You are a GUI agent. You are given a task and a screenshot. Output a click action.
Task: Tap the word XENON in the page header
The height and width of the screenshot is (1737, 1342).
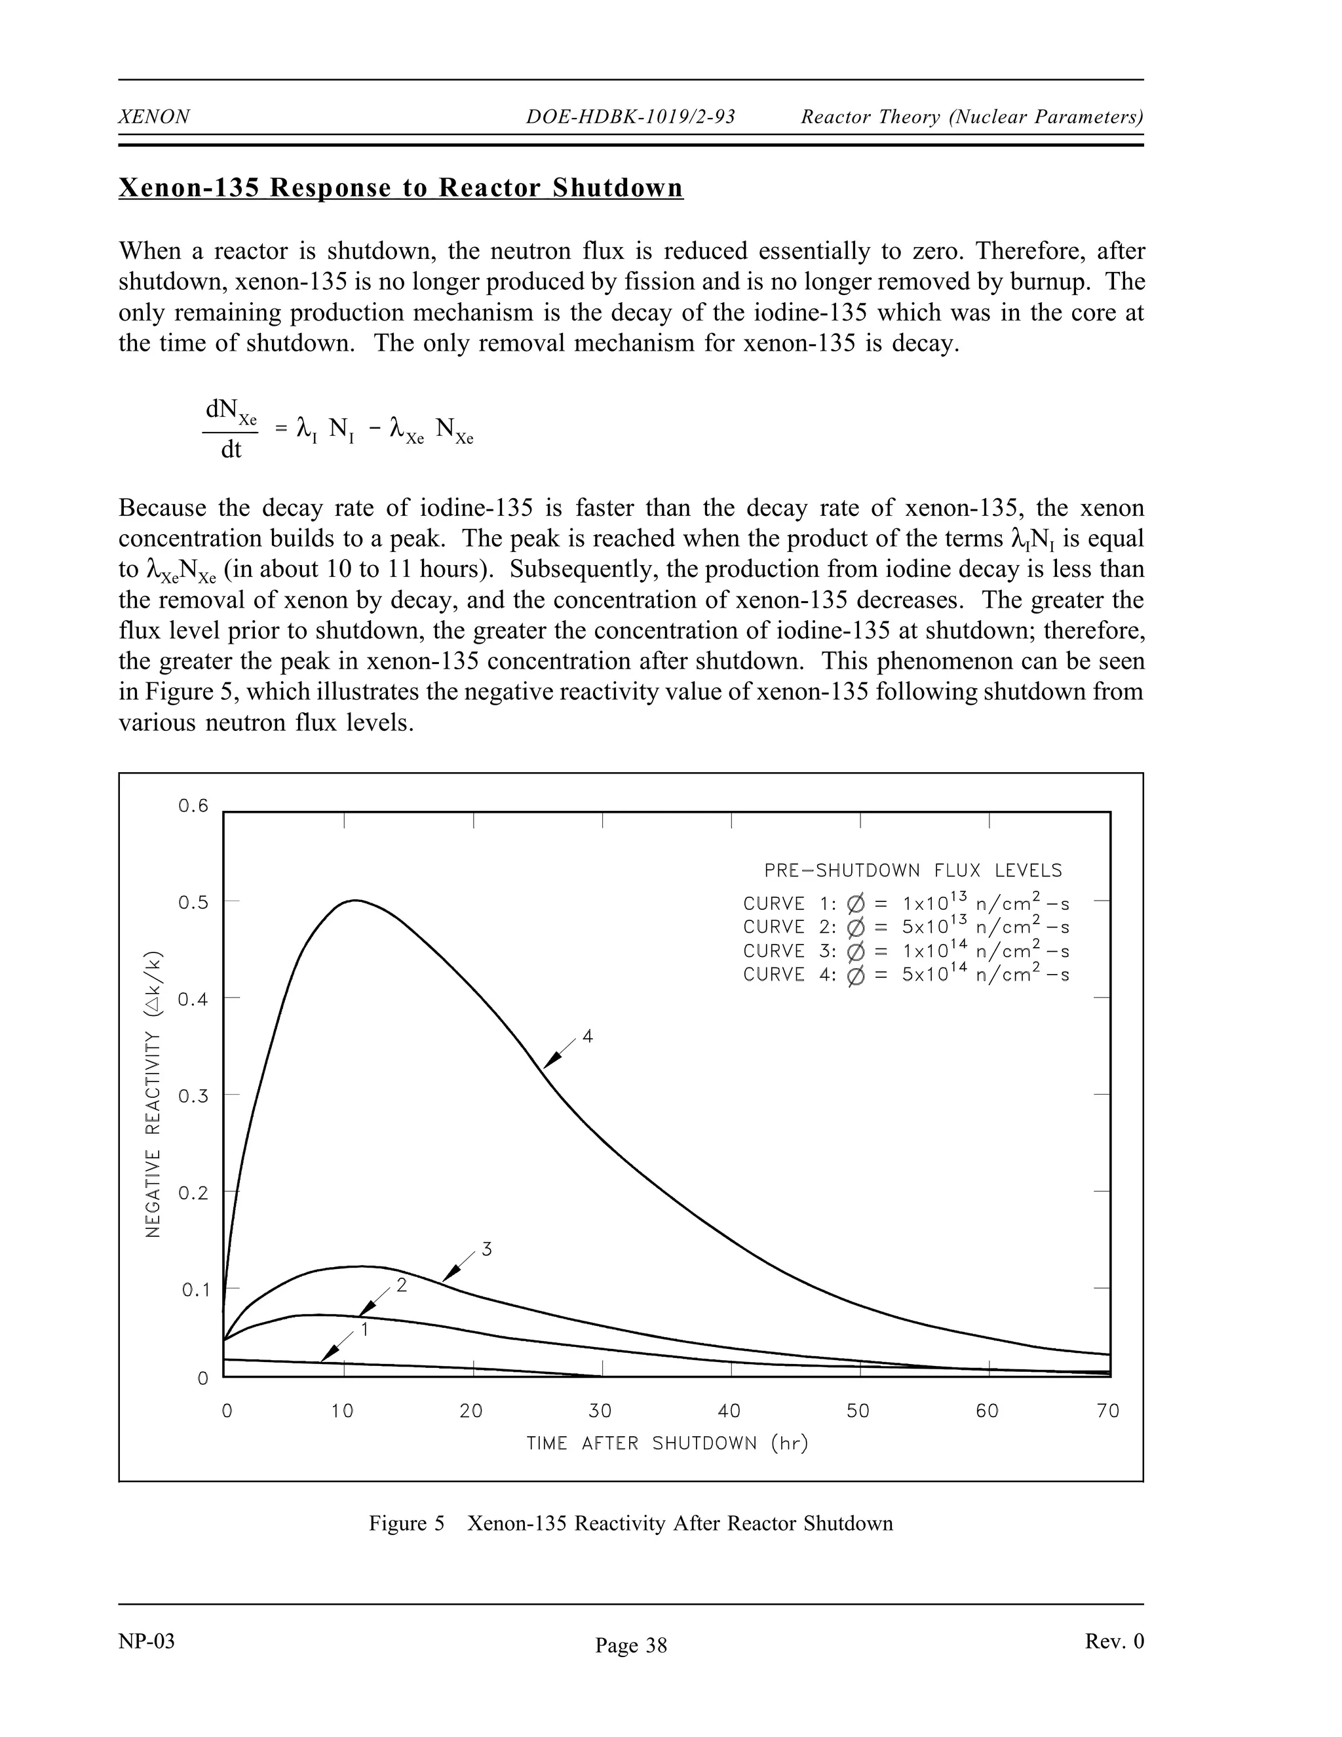154,117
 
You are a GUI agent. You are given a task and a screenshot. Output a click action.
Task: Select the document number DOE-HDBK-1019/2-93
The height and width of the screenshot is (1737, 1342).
630,117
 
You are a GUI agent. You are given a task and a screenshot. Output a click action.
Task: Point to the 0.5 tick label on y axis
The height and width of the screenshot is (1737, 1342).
193,903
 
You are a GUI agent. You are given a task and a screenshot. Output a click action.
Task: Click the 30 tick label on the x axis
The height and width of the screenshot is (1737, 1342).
600,1411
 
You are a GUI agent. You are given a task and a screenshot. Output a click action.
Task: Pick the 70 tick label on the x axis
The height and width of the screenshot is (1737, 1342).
1107,1411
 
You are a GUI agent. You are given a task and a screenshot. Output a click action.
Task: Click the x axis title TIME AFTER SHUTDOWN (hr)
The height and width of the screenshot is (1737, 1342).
667,1443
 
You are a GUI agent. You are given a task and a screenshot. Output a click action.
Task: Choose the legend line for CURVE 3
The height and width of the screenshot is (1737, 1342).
906,951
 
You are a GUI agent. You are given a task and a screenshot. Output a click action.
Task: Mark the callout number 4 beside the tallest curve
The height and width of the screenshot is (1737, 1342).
588,1036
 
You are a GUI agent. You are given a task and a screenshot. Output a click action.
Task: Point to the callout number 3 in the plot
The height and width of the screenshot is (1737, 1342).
487,1250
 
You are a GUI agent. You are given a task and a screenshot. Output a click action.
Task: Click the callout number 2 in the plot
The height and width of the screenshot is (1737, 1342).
402,1285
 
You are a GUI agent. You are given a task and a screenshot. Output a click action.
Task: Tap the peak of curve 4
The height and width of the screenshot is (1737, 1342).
355,901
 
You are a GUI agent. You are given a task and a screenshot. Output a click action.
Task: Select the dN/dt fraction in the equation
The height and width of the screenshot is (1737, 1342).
231,429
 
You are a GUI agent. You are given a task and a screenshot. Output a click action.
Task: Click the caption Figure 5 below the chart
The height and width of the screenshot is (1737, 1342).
630,1523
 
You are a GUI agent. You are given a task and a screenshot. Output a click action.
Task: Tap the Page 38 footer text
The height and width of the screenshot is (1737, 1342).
631,1645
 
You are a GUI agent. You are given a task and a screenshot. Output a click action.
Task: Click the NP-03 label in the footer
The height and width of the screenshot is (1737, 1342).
146,1641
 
